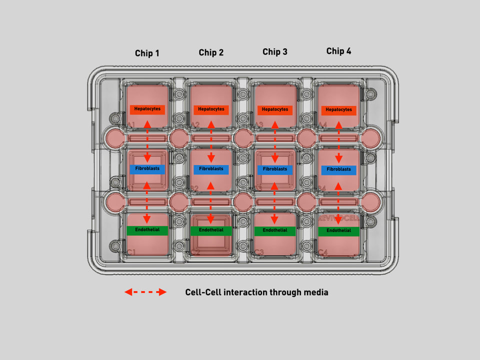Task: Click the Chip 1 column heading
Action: [x=147, y=53]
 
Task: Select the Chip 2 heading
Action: [x=211, y=52]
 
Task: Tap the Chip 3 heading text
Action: [x=275, y=51]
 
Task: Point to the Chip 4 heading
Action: [x=338, y=51]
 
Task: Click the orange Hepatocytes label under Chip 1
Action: [x=147, y=109]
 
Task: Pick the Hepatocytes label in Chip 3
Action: [x=275, y=109]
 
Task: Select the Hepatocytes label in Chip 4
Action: [x=338, y=110]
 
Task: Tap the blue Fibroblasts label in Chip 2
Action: [x=211, y=169]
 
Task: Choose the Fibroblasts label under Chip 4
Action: [x=338, y=170]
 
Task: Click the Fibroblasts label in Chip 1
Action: [x=147, y=169]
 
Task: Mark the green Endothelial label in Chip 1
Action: [x=147, y=230]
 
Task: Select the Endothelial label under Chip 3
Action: [x=275, y=231]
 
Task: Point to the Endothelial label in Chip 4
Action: [x=338, y=231]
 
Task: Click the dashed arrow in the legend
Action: [x=145, y=292]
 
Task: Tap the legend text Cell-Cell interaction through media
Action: [x=256, y=292]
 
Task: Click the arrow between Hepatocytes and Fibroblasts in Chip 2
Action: [x=211, y=141]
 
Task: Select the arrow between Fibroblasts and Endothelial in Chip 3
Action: [x=274, y=203]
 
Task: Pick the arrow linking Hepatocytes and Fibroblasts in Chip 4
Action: [x=338, y=142]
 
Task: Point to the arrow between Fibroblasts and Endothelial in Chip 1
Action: [x=147, y=202]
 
